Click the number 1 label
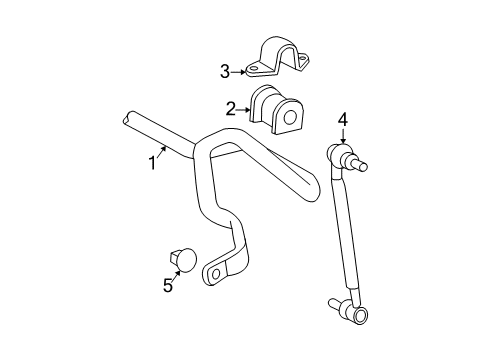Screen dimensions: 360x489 (x=153, y=162)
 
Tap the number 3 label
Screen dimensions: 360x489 (x=226, y=70)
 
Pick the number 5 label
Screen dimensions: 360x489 (x=168, y=286)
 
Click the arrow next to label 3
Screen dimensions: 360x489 (x=241, y=70)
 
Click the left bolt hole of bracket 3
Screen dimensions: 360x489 (x=253, y=70)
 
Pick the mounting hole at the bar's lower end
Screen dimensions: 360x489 (x=216, y=271)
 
